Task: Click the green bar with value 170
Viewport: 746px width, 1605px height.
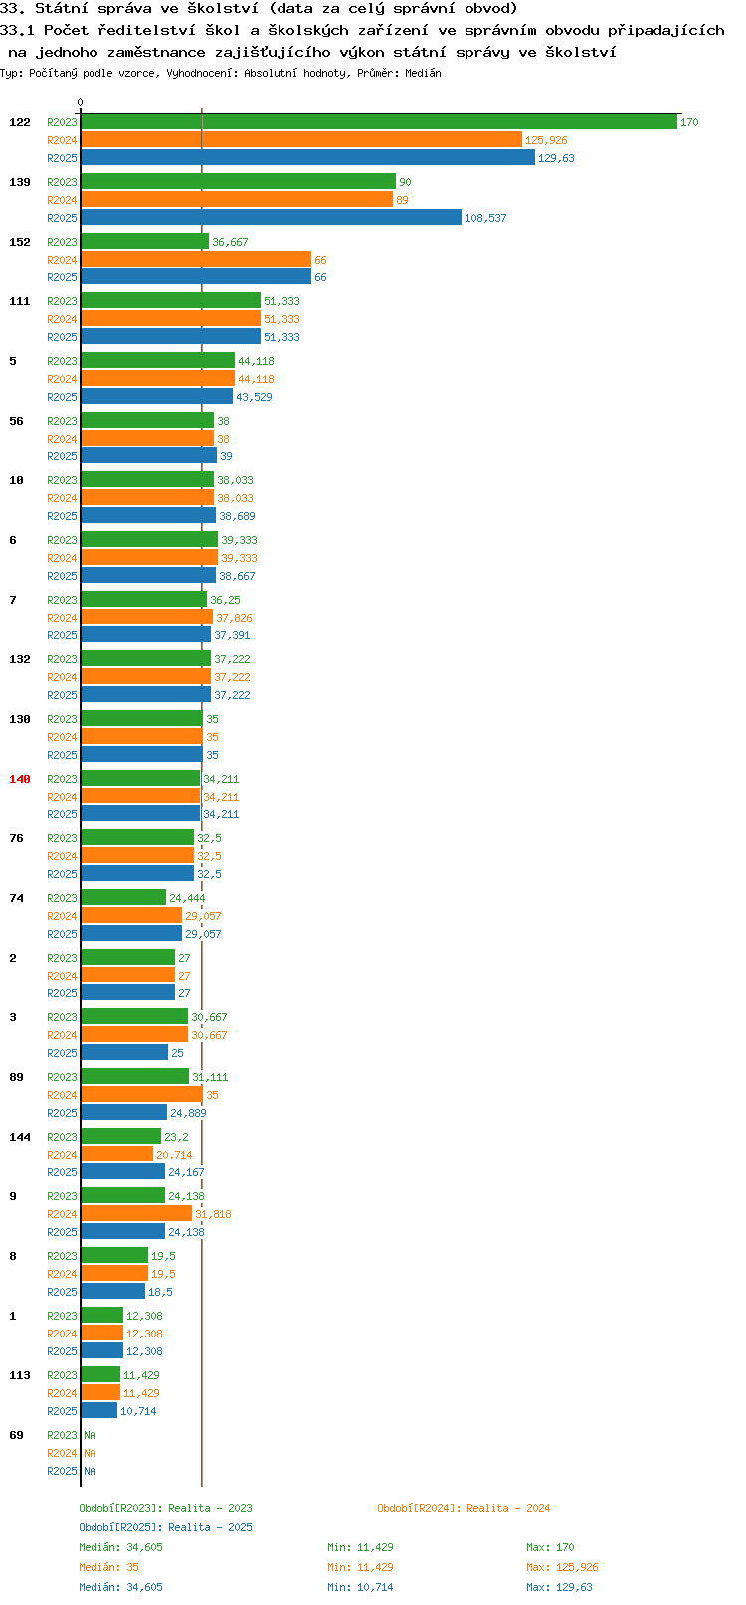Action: [379, 121]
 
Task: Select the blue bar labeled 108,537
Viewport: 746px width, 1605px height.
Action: [271, 217]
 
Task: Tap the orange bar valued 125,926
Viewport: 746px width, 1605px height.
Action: [301, 140]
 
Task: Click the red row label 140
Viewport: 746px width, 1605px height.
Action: [19, 779]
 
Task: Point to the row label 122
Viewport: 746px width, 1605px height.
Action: [19, 122]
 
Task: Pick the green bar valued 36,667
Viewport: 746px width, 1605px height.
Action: [145, 242]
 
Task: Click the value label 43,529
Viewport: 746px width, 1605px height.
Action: [254, 397]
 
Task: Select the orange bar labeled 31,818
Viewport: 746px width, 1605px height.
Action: [136, 1214]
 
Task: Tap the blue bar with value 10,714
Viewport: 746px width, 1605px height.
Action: [98, 1410]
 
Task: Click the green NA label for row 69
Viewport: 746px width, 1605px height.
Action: [90, 1435]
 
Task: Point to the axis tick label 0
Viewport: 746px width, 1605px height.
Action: [80, 102]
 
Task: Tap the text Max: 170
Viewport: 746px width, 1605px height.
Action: [550, 1547]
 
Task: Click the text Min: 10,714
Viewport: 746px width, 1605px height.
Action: [360, 1588]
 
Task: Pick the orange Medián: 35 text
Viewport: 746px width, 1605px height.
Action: [109, 1568]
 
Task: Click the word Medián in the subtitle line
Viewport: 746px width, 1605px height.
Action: [423, 73]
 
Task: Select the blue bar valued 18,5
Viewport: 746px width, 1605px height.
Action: [112, 1291]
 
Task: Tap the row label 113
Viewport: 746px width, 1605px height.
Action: [19, 1375]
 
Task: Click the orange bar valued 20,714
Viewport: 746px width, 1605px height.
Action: [116, 1154]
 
